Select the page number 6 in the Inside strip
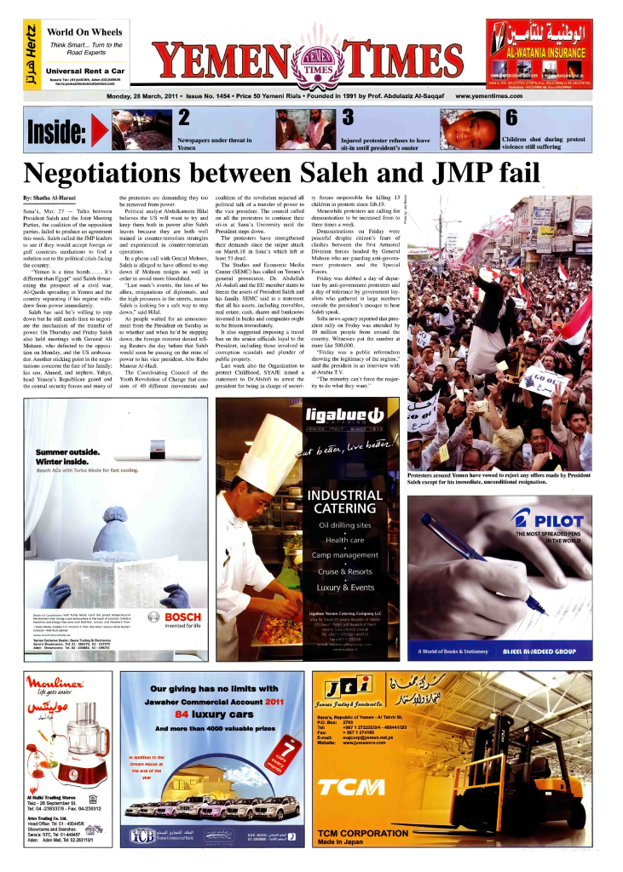[x=511, y=117]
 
